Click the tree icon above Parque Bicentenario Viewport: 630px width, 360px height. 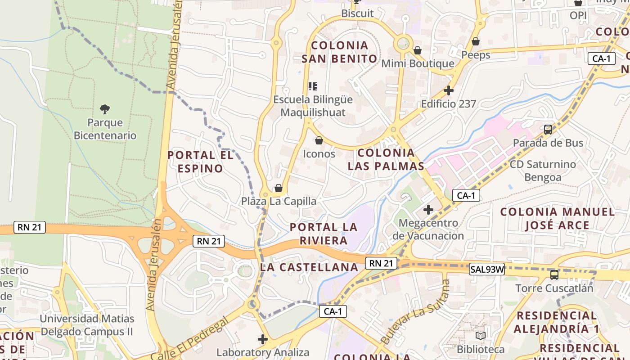pos(105,109)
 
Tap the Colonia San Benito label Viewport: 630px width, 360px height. pos(339,52)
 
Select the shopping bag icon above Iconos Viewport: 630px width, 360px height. pos(319,141)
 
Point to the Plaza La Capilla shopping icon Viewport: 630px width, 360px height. pos(279,188)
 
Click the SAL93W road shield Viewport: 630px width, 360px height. pos(487,270)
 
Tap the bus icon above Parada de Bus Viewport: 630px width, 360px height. pos(548,130)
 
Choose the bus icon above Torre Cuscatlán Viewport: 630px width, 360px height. pos(554,274)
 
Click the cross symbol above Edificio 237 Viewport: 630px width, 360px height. pos(448,90)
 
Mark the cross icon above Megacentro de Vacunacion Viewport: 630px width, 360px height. pos(428,209)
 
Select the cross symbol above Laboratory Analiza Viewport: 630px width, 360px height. pos(263,339)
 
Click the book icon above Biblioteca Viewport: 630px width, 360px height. pos(481,336)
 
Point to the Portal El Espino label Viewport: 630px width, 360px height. pos(200,162)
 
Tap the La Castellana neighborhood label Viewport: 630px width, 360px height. pos(309,267)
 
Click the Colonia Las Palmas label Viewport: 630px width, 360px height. pos(386,159)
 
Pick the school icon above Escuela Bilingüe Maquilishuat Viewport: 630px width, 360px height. pos(313,86)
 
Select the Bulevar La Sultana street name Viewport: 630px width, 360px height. pos(415,311)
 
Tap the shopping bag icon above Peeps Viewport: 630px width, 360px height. pos(476,42)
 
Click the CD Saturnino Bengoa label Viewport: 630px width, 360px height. pos(543,171)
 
